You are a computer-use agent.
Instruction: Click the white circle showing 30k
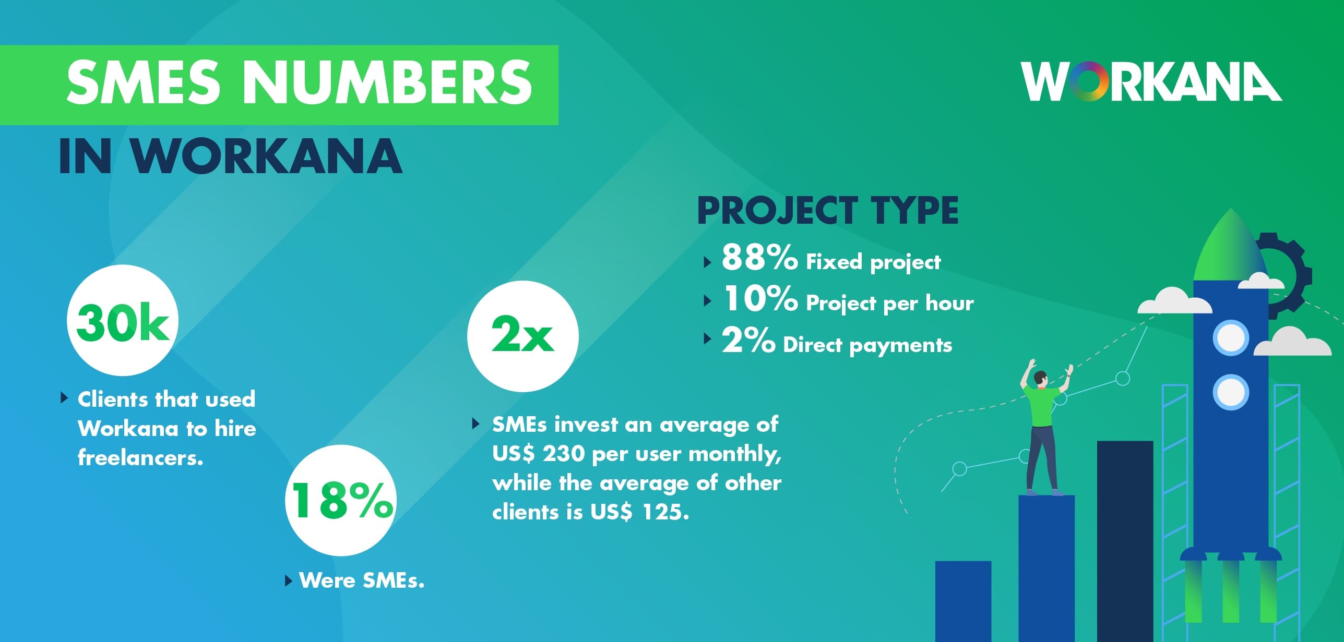tap(123, 320)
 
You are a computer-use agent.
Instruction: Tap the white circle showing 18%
tap(341, 500)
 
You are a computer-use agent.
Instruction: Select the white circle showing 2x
tap(523, 336)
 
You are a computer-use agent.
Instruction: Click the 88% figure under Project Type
tap(759, 258)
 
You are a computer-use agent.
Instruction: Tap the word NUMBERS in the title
tap(387, 81)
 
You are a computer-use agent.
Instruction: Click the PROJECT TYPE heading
tap(828, 210)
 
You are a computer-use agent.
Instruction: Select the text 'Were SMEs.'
tap(362, 580)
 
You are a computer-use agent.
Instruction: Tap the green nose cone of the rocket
tap(1231, 245)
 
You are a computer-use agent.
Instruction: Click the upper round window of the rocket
tap(1231, 338)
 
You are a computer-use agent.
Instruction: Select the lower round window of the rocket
tap(1231, 392)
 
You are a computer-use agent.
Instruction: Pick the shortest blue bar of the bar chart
tap(963, 601)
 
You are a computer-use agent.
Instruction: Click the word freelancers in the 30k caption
tap(140, 458)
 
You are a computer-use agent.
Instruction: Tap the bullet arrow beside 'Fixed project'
tap(707, 261)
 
